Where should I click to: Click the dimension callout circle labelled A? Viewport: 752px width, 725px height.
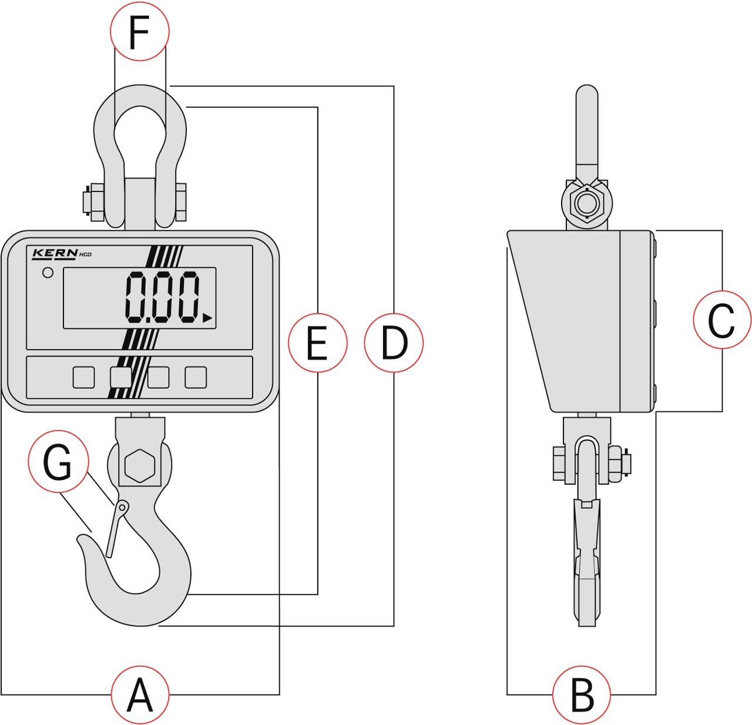(x=140, y=694)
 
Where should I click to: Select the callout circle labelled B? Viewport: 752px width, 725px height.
(x=582, y=694)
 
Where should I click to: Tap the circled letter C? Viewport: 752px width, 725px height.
(x=721, y=320)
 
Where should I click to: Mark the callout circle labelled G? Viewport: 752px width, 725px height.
(x=58, y=462)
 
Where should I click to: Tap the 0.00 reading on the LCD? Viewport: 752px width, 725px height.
(x=162, y=297)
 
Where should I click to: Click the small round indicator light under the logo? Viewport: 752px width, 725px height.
(x=48, y=273)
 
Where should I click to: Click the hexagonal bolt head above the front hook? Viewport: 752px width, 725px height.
(x=139, y=466)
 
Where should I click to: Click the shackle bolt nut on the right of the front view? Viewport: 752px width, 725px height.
(x=180, y=202)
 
